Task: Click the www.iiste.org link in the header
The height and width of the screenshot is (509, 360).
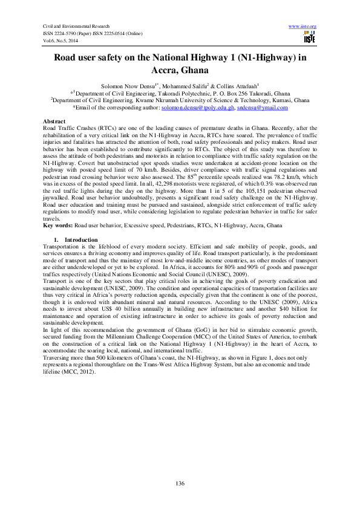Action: (x=303, y=26)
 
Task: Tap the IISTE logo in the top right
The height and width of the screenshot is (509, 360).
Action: (x=309, y=37)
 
